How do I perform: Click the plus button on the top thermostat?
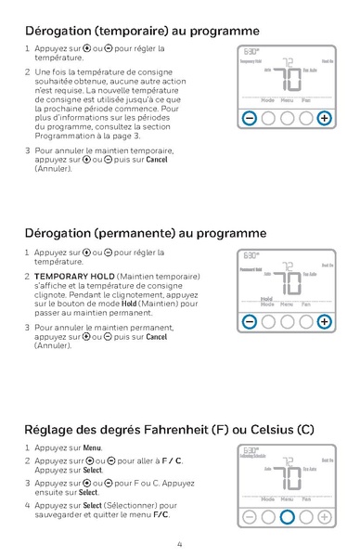pyautogui.click(x=324, y=119)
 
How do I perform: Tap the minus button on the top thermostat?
pyautogui.click(x=249, y=119)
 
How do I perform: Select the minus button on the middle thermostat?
pyautogui.click(x=249, y=322)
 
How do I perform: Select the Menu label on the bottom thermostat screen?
pyautogui.click(x=287, y=499)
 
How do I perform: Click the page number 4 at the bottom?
pyautogui.click(x=179, y=544)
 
